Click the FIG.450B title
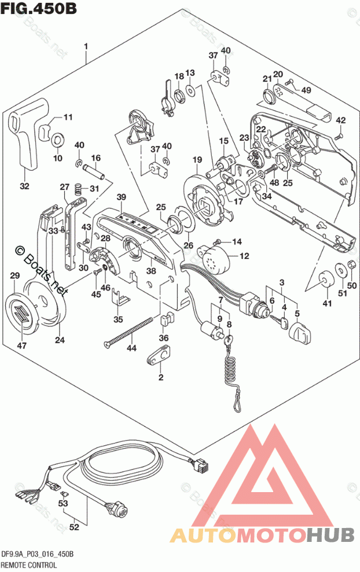[38, 8]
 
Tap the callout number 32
[24, 186]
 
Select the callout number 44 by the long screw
[132, 349]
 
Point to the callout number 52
[74, 527]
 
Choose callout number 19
[197, 160]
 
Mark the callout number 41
[328, 303]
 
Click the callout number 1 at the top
[86, 46]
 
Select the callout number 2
[161, 377]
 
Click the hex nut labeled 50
[350, 267]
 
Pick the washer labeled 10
[58, 140]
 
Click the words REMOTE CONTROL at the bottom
[28, 564]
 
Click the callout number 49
[306, 90]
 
